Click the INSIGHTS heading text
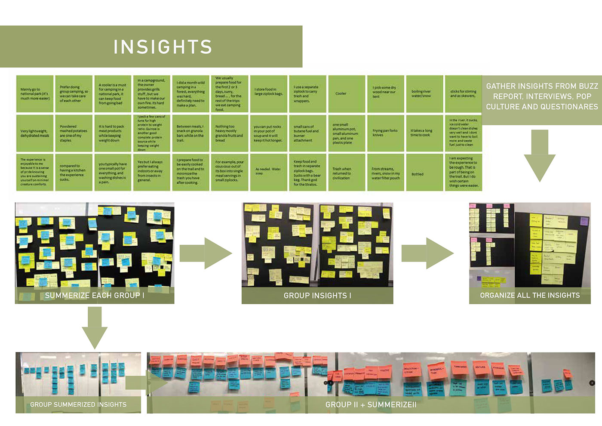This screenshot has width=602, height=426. [x=163, y=47]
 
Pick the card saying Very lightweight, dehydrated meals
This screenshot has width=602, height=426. [x=35, y=133]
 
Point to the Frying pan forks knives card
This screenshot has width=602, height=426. [x=385, y=133]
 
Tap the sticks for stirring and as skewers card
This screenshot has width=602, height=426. [x=463, y=94]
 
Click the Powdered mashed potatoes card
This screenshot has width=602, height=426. [x=74, y=133]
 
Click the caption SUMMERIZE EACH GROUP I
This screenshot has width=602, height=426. [x=95, y=296]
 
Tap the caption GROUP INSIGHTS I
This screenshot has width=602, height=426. [x=317, y=296]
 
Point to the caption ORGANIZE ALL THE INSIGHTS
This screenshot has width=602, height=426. [x=530, y=295]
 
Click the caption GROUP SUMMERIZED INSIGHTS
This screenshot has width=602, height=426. [x=78, y=404]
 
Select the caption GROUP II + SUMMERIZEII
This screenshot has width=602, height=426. [x=371, y=404]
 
